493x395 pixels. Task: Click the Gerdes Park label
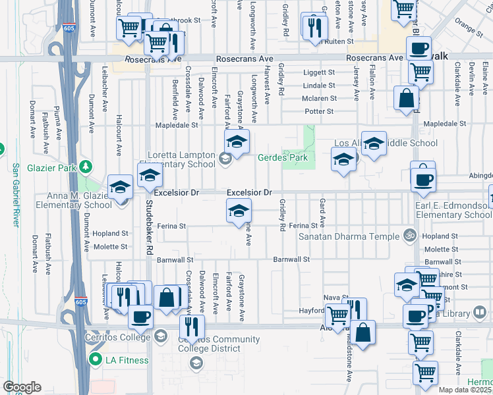(x=283, y=158)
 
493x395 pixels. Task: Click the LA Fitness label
(x=125, y=359)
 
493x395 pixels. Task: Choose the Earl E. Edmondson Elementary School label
(x=455, y=210)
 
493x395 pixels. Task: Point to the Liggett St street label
(x=320, y=72)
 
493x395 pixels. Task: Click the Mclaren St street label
(x=319, y=99)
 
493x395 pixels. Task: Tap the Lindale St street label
(x=320, y=86)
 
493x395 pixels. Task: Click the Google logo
(x=22, y=387)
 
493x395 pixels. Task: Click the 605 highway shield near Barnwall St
(x=80, y=302)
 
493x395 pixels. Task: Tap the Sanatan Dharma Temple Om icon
(x=408, y=236)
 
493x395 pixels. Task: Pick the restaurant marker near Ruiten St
(x=314, y=27)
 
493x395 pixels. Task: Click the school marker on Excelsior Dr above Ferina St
(x=239, y=211)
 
